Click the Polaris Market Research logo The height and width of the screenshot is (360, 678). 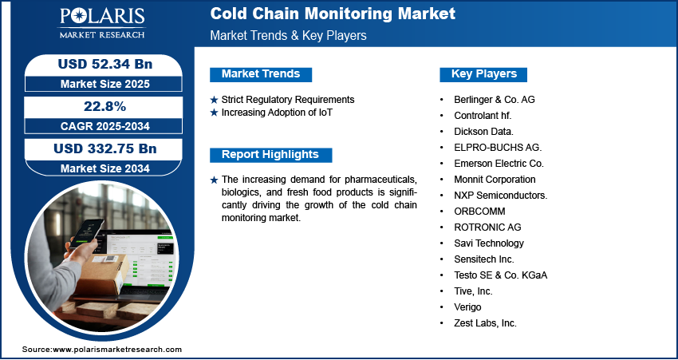(102, 23)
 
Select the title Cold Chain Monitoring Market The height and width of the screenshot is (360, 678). (333, 14)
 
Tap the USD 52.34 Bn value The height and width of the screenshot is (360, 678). (105, 64)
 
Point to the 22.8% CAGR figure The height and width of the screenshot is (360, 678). (104, 106)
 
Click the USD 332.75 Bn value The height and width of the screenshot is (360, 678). (105, 148)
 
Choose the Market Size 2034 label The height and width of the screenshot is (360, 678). (105, 168)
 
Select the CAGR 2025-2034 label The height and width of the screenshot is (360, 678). (105, 126)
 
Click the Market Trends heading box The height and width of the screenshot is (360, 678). (261, 74)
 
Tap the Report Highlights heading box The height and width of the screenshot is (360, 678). (270, 155)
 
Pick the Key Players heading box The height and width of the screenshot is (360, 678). (483, 74)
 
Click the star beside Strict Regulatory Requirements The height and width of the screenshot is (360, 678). (214, 100)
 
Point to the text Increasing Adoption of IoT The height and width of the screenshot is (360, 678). (277, 113)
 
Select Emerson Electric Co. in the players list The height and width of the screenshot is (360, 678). (499, 164)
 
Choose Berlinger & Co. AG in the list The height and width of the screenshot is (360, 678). (495, 100)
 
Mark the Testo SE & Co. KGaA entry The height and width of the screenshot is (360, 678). (501, 275)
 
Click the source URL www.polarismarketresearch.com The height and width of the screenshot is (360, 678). (117, 350)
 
